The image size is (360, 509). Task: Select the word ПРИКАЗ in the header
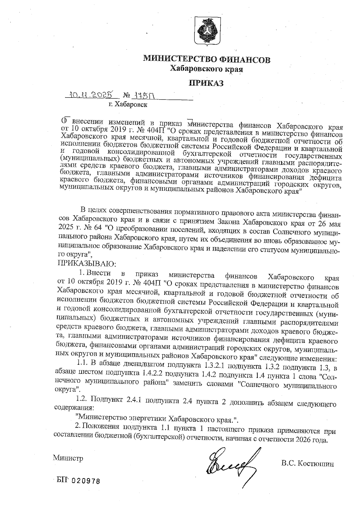click(x=206, y=83)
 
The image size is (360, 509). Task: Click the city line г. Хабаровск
click(x=128, y=105)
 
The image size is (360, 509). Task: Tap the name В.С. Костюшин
click(x=307, y=464)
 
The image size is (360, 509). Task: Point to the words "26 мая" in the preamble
click(x=329, y=223)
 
